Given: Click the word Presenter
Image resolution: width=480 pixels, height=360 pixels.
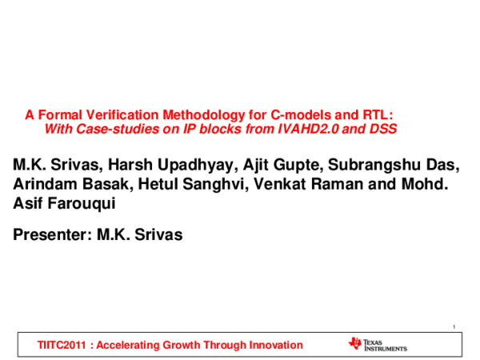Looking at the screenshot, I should (x=50, y=235).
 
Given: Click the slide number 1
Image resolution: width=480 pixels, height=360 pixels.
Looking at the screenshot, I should (x=453, y=325).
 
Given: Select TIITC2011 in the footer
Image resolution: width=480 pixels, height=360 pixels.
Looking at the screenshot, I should (x=62, y=345).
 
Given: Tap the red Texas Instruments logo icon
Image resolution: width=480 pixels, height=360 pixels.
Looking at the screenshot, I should (x=355, y=344).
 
